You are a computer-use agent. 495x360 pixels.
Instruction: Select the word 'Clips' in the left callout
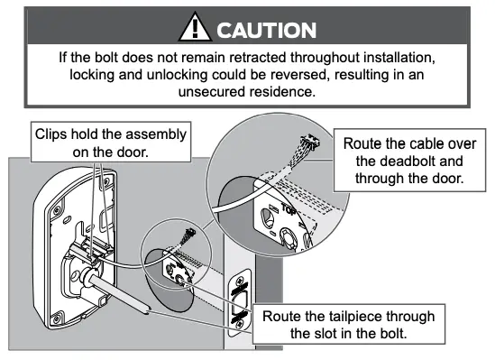click(x=51, y=134)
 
